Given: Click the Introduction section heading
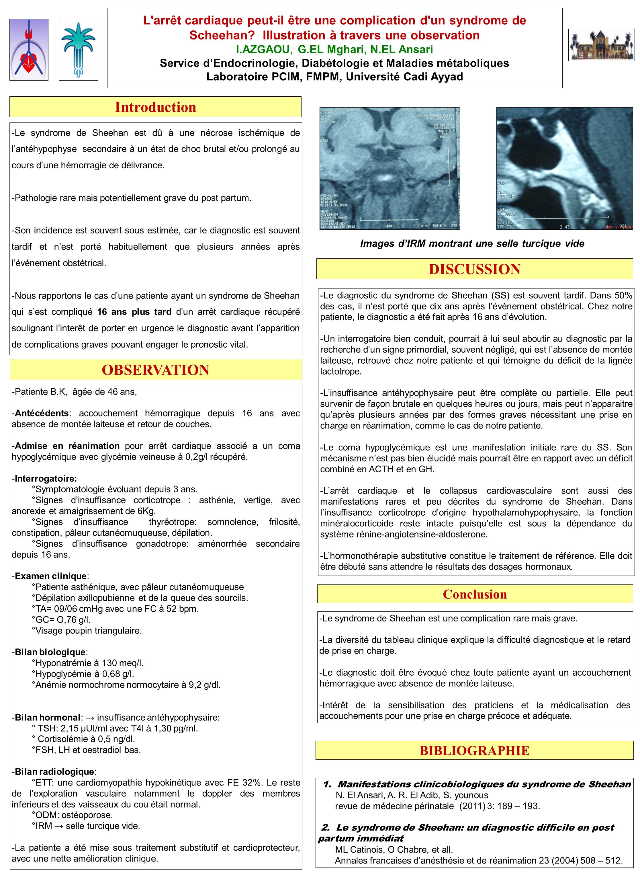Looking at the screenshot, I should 155,107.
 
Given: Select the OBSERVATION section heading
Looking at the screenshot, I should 155,370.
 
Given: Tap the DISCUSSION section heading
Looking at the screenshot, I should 474,269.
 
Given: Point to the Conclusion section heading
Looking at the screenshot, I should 475,594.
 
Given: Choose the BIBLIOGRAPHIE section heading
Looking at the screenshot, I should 474,751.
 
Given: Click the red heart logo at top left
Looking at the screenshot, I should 29,50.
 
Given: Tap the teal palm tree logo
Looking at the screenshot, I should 79,50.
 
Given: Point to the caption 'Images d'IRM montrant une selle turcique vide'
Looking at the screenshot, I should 472,243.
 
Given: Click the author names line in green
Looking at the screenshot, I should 334,49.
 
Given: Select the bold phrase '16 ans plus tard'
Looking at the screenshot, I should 134,312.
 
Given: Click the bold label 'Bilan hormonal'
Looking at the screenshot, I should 47,718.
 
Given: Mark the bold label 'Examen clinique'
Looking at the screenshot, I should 50,576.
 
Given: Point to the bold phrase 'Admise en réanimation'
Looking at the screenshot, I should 67,446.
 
